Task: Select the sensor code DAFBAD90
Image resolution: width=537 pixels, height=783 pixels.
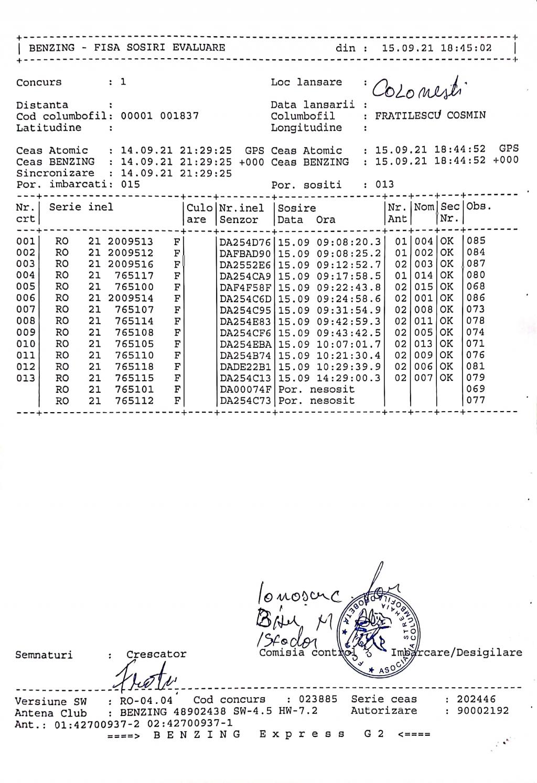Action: pyautogui.click(x=245, y=252)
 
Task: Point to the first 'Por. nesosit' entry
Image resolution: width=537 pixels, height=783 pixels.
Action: pyautogui.click(x=316, y=390)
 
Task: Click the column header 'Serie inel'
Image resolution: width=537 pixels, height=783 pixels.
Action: pyautogui.click(x=81, y=207)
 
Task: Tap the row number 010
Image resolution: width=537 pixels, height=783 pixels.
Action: pyautogui.click(x=26, y=344)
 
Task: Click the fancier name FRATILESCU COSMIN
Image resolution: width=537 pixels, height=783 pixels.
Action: pyautogui.click(x=430, y=116)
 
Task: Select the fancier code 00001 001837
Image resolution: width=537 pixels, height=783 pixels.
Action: pyautogui.click(x=159, y=116)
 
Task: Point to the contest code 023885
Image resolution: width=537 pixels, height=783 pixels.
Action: pyautogui.click(x=318, y=699)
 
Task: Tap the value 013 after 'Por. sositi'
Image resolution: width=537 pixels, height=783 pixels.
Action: pyautogui.click(x=384, y=184)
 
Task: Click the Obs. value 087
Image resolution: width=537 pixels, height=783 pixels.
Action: pyautogui.click(x=476, y=264)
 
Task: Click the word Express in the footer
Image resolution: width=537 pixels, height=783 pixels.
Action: pyautogui.click(x=303, y=734)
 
